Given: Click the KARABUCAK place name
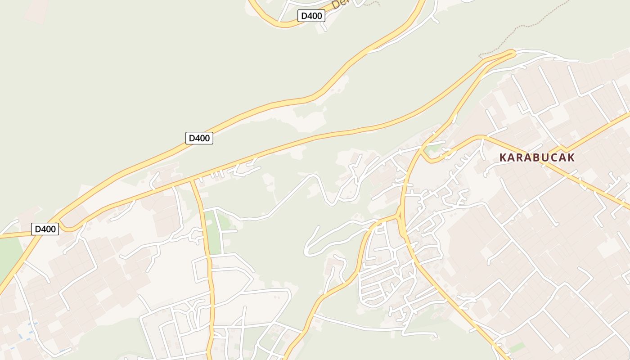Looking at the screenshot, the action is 537,157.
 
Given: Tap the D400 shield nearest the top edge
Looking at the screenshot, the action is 311,16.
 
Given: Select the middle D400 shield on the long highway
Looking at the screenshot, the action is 199,138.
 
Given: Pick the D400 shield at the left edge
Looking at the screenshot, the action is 45,229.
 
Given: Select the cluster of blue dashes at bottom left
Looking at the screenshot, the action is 27,331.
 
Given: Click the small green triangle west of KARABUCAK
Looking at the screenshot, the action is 433,148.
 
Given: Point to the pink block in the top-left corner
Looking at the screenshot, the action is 36,11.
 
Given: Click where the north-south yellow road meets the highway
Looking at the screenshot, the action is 193,180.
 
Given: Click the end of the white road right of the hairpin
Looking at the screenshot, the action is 577,60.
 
